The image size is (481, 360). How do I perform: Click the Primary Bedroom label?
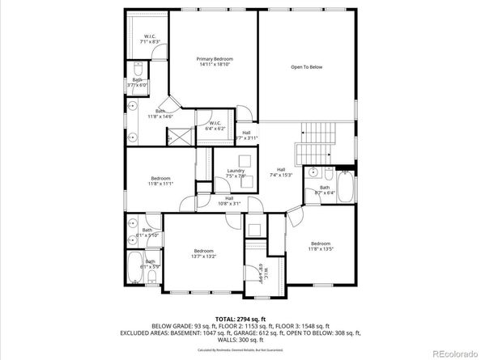click(215, 62)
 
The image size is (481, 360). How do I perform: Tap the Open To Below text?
click(306, 67)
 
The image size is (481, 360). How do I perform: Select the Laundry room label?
click(236, 173)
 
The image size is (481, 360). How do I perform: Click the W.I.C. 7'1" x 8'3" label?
click(151, 39)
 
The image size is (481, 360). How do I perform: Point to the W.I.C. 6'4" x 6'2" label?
click(215, 126)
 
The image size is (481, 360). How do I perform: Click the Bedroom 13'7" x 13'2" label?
click(203, 254)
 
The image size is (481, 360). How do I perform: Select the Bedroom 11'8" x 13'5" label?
click(321, 246)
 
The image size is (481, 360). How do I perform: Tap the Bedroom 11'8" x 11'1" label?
click(160, 180)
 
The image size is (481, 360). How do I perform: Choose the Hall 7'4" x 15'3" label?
click(281, 172)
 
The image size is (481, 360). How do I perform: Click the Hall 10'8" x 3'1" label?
click(229, 201)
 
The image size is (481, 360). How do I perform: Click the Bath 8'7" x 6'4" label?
click(324, 189)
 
